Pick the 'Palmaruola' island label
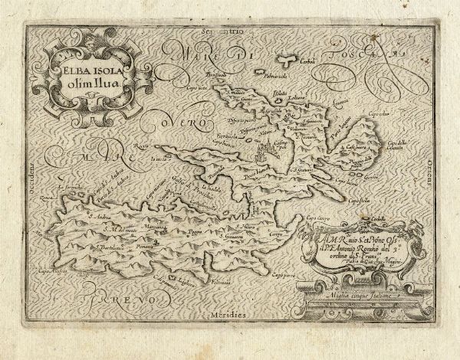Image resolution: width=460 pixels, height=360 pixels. point(251,77)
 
